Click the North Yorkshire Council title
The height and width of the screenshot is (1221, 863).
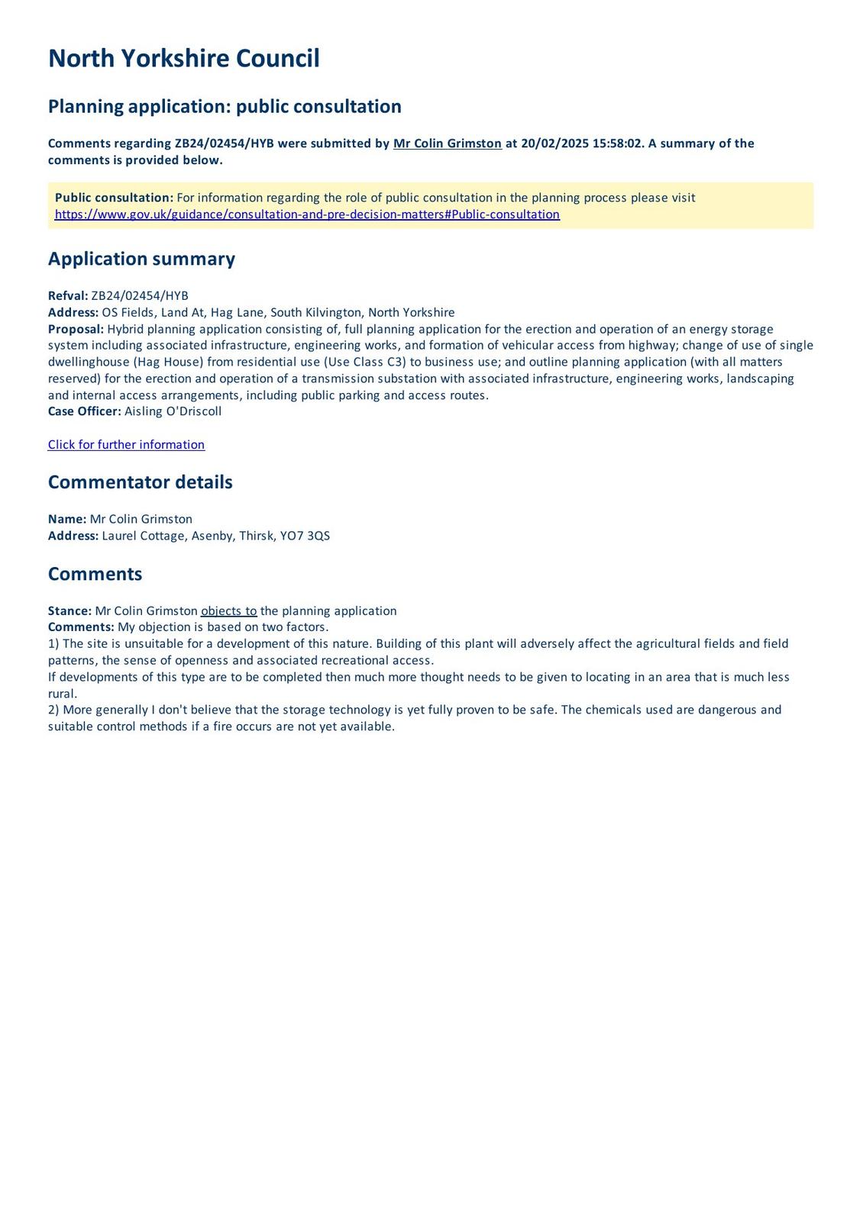coord(183,59)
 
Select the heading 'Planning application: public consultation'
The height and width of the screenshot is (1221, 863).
coord(225,106)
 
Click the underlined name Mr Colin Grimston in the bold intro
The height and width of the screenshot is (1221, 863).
coord(447,143)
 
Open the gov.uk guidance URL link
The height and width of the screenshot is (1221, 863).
coord(307,214)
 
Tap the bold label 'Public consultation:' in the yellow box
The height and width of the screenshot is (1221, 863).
coord(114,198)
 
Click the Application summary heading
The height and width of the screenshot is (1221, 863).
coord(141,259)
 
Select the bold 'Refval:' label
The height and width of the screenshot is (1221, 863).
coord(68,296)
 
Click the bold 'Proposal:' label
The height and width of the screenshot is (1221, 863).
coord(76,329)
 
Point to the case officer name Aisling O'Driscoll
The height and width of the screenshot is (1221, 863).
coord(173,411)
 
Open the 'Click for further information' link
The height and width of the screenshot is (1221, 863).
coord(126,445)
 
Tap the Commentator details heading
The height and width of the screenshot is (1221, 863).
coord(140,482)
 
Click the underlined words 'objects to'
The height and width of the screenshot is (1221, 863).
coord(228,611)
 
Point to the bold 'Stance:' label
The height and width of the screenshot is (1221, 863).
coord(69,611)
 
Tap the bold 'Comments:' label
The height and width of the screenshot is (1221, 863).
coord(81,627)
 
